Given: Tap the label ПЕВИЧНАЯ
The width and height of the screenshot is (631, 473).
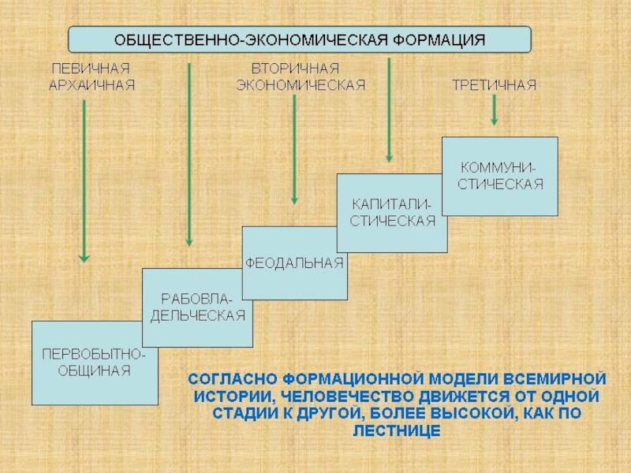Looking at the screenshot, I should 91,69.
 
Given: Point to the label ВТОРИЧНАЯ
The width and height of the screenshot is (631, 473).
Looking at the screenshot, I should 295,69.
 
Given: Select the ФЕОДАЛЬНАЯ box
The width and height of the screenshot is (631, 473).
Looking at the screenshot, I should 294,263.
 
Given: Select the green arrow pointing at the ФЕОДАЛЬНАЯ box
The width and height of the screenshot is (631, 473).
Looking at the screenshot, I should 294,150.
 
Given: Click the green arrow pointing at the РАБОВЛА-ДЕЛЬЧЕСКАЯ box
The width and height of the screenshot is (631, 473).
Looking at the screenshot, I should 189,154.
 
